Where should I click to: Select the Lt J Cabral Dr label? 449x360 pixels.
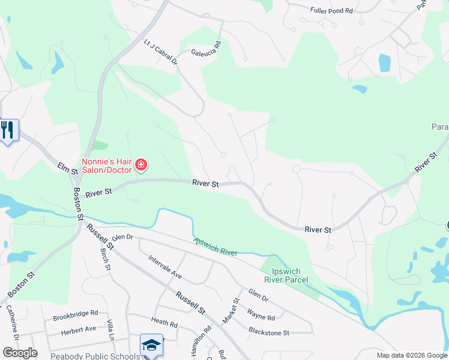pyautogui.click(x=161, y=52)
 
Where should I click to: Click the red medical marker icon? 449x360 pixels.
pyautogui.click(x=141, y=164)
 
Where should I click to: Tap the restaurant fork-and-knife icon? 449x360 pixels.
pyautogui.click(x=7, y=131)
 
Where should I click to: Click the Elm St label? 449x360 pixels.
pyautogui.click(x=68, y=167)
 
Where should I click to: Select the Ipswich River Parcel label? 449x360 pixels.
pyautogui.click(x=286, y=275)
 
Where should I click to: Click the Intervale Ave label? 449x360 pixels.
pyautogui.click(x=164, y=267)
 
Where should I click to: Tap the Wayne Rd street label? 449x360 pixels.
pyautogui.click(x=261, y=314)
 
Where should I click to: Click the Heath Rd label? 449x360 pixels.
pyautogui.click(x=164, y=324)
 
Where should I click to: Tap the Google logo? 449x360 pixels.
pyautogui.click(x=19, y=353)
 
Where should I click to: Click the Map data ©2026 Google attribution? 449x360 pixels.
pyautogui.click(x=411, y=355)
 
